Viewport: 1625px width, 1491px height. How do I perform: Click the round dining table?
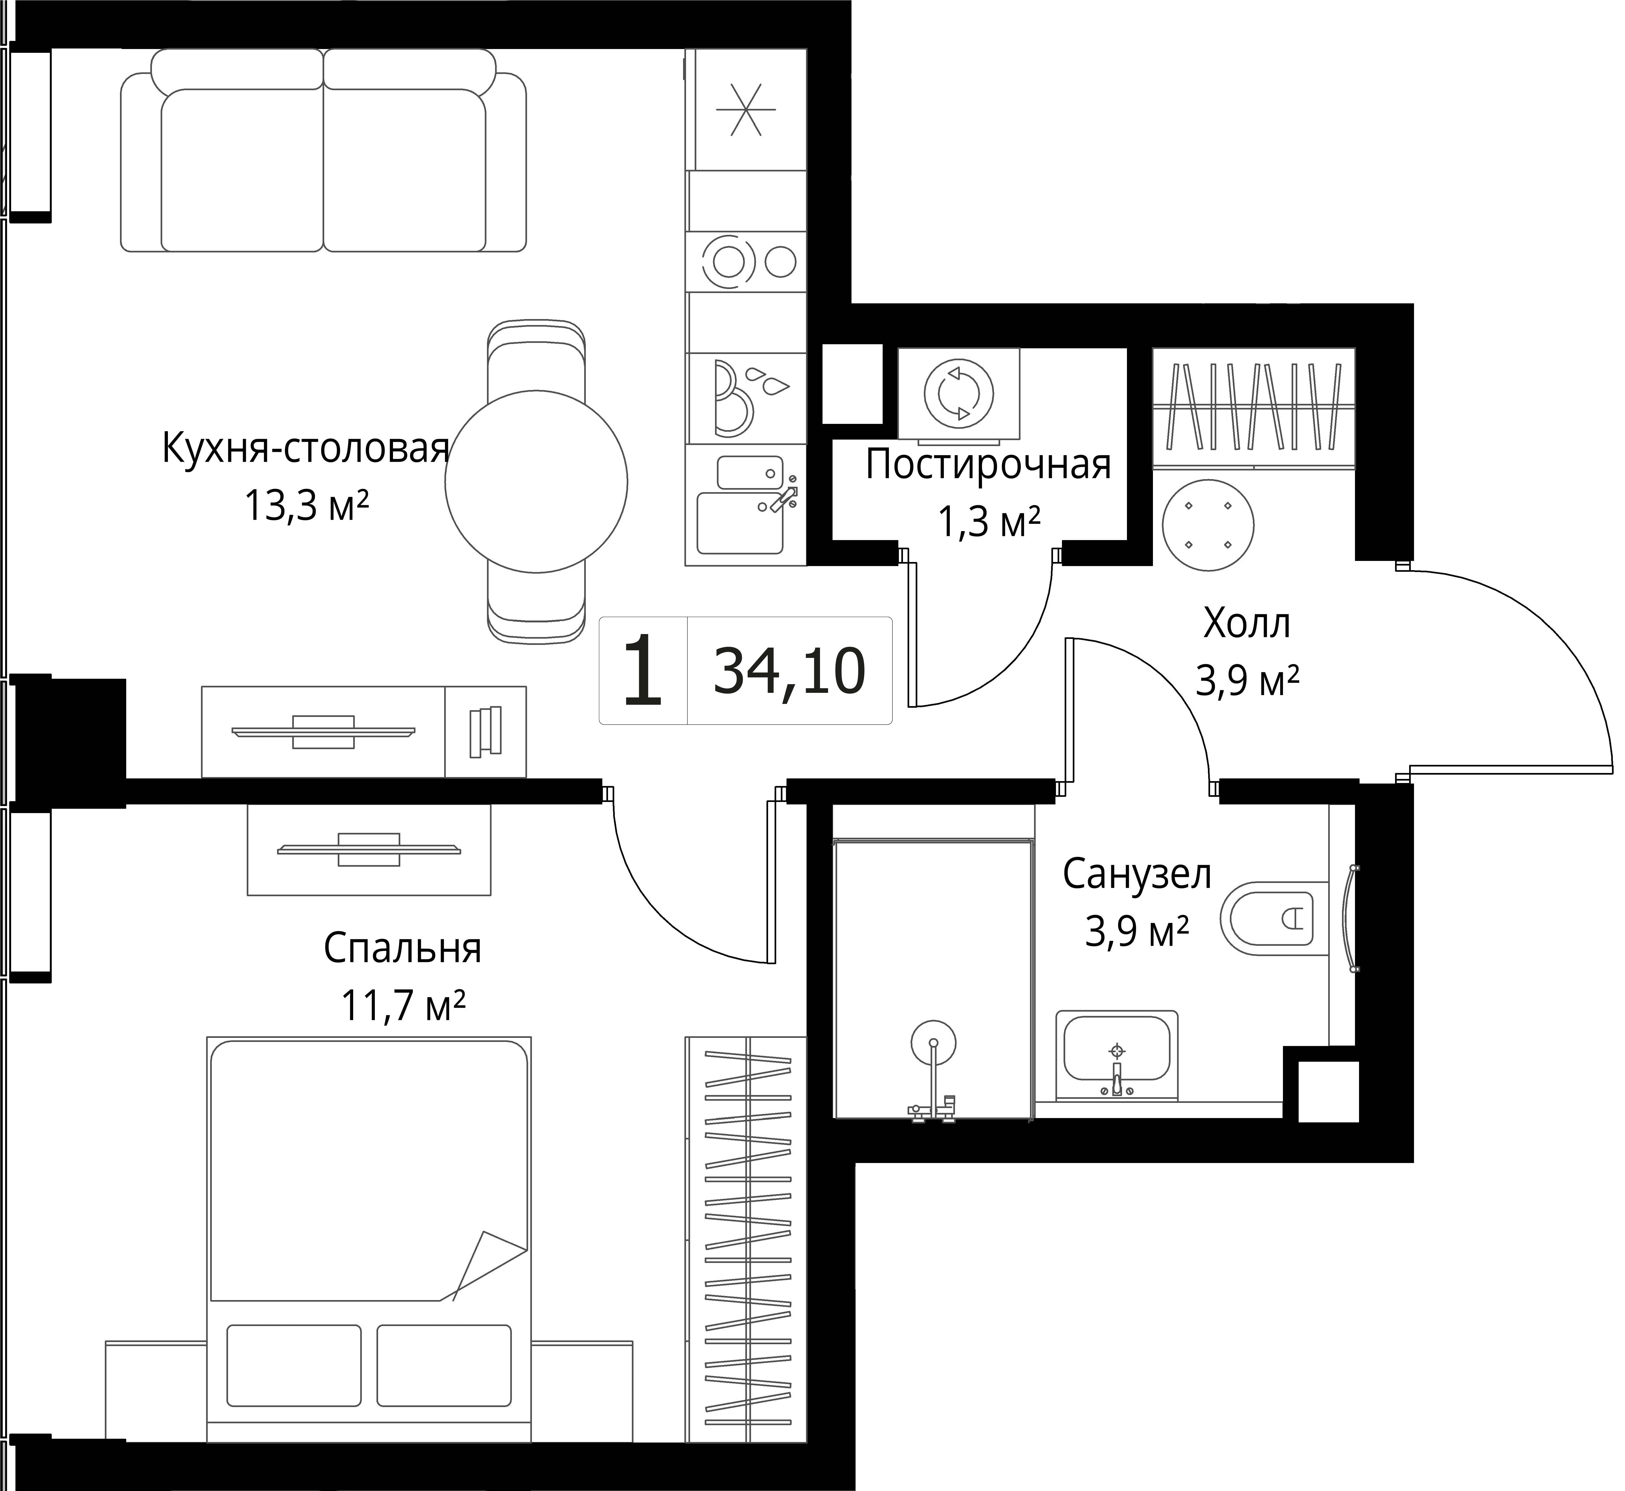point(537,482)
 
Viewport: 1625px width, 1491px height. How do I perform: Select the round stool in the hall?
point(1208,525)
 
